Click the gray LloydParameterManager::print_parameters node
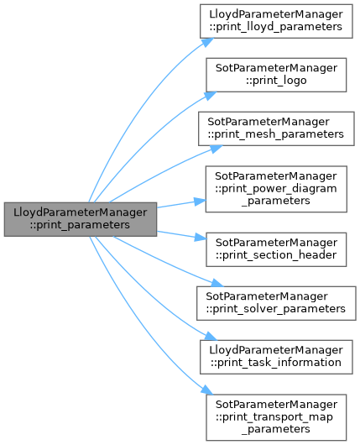click(x=81, y=219)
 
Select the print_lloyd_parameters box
click(x=276, y=21)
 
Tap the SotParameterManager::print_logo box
click(x=276, y=75)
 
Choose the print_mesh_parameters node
click(x=276, y=128)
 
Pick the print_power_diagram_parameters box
click(x=276, y=189)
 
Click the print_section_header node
click(x=276, y=249)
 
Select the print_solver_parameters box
click(x=276, y=303)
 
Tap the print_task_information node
click(x=276, y=357)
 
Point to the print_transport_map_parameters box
click(x=276, y=417)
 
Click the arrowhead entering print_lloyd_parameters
click(x=208, y=42)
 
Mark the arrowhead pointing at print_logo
click(x=211, y=96)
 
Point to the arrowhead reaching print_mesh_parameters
click(x=217, y=149)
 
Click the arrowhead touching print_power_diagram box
click(x=200, y=202)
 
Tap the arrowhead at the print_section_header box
click(x=201, y=238)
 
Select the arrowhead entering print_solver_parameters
click(x=217, y=283)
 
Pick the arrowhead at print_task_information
click(x=211, y=337)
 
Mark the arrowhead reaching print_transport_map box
click(x=207, y=390)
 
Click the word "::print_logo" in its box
click(x=276, y=81)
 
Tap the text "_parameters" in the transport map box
click(x=276, y=429)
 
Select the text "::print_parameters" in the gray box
click(x=81, y=225)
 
